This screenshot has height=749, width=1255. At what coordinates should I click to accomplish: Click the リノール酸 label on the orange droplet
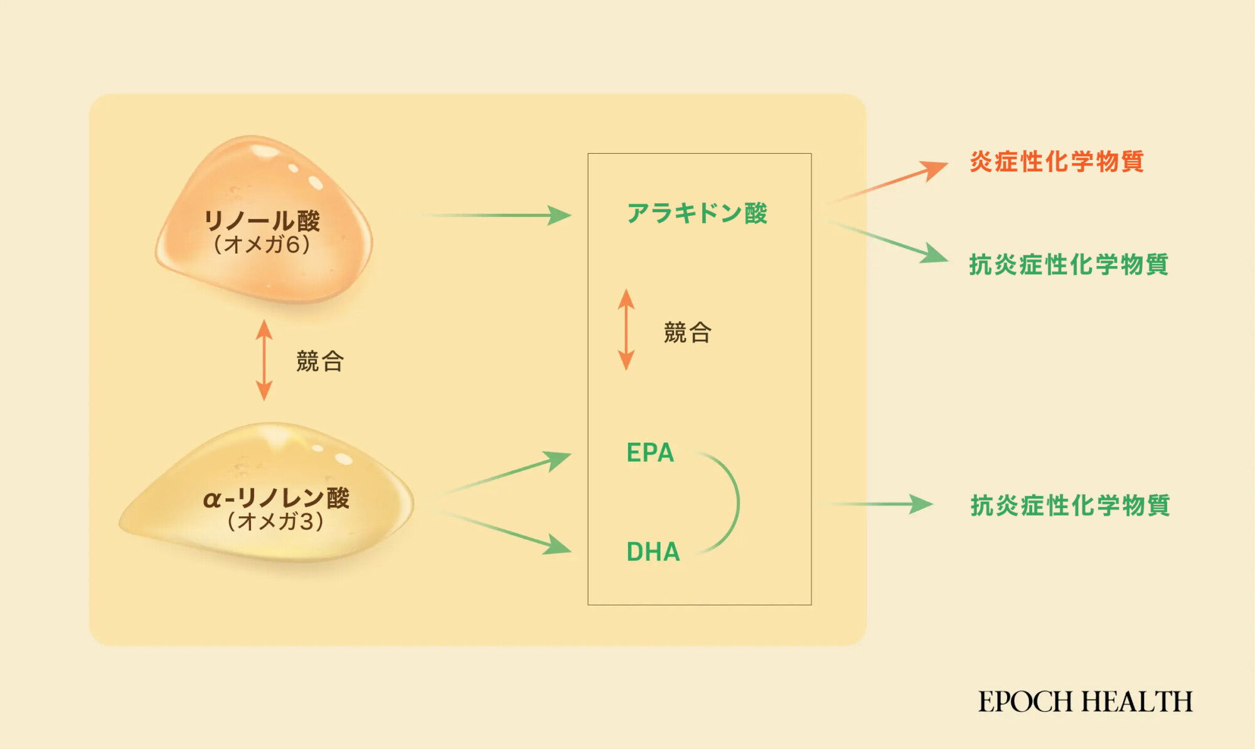pos(262,221)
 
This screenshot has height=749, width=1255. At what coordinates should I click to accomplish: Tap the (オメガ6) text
pos(262,245)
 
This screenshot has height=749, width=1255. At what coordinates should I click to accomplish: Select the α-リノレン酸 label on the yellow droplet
pos(276,498)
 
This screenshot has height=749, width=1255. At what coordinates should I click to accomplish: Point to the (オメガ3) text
pos(276,521)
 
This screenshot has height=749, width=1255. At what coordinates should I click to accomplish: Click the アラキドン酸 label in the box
pos(697,213)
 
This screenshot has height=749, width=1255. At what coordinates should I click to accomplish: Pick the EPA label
pos(650,453)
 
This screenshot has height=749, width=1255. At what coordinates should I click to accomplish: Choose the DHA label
pos(653,552)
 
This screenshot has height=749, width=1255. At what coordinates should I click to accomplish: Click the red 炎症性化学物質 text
pos(1057,162)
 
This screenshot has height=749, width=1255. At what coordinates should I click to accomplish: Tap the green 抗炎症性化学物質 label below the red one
pos(1069,265)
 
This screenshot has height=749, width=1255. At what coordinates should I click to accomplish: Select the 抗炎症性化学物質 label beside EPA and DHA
pos(1070,506)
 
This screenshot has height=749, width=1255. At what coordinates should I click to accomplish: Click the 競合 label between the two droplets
pos(320,361)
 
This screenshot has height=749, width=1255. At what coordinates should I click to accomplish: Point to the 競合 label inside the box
pos(688,332)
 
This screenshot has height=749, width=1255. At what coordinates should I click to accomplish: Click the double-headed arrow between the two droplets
pos(264,360)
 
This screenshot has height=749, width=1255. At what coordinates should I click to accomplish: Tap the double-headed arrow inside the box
pos(626,329)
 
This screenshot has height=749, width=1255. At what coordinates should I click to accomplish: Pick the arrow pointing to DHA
pos(508,533)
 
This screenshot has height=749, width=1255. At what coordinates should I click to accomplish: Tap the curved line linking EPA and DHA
pos(735,502)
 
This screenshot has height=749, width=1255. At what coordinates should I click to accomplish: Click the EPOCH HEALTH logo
pos(1086,701)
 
